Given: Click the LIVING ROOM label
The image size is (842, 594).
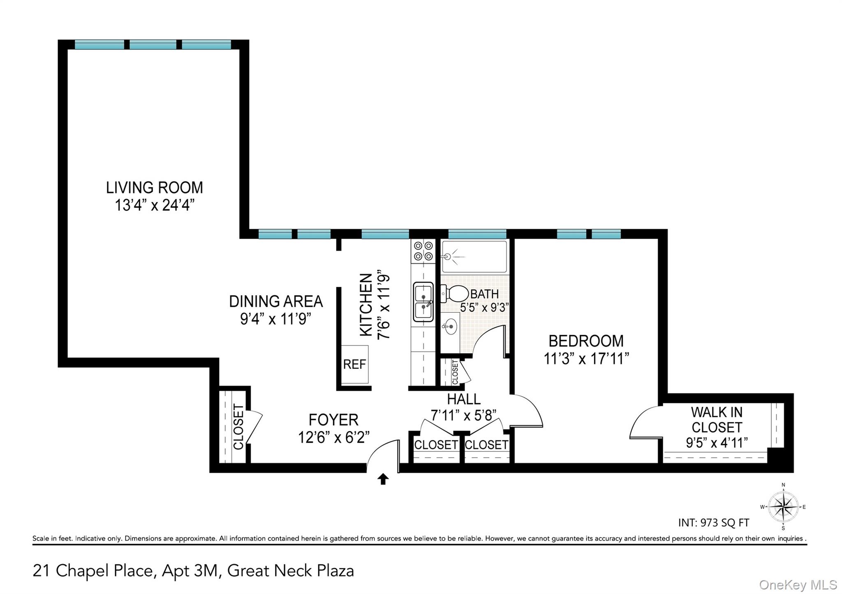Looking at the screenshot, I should [154, 188].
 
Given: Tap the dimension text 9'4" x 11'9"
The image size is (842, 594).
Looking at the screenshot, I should [275, 319].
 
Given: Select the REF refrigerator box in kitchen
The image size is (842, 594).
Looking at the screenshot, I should [354, 364].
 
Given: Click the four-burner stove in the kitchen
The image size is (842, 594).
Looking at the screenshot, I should [423, 251].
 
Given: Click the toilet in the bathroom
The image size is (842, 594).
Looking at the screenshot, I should [455, 294].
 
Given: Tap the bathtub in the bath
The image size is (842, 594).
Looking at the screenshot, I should [474, 257].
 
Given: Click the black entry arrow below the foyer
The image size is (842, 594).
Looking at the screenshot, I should [383, 479].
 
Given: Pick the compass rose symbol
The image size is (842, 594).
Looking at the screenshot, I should [783, 507].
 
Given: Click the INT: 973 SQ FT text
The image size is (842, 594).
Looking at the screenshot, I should [713, 523].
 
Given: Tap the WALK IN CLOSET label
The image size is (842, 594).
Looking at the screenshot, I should [717, 419].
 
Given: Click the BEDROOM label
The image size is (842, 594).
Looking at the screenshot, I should [586, 341].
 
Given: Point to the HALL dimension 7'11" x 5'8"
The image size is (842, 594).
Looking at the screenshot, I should [463, 415].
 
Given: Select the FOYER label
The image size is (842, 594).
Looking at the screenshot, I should [333, 420].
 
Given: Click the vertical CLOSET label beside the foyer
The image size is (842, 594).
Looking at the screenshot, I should [238, 426].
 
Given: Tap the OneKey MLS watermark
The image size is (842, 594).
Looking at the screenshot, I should [798, 585].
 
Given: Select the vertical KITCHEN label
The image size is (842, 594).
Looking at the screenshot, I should [366, 305].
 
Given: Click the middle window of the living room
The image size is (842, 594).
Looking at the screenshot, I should [153, 45].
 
